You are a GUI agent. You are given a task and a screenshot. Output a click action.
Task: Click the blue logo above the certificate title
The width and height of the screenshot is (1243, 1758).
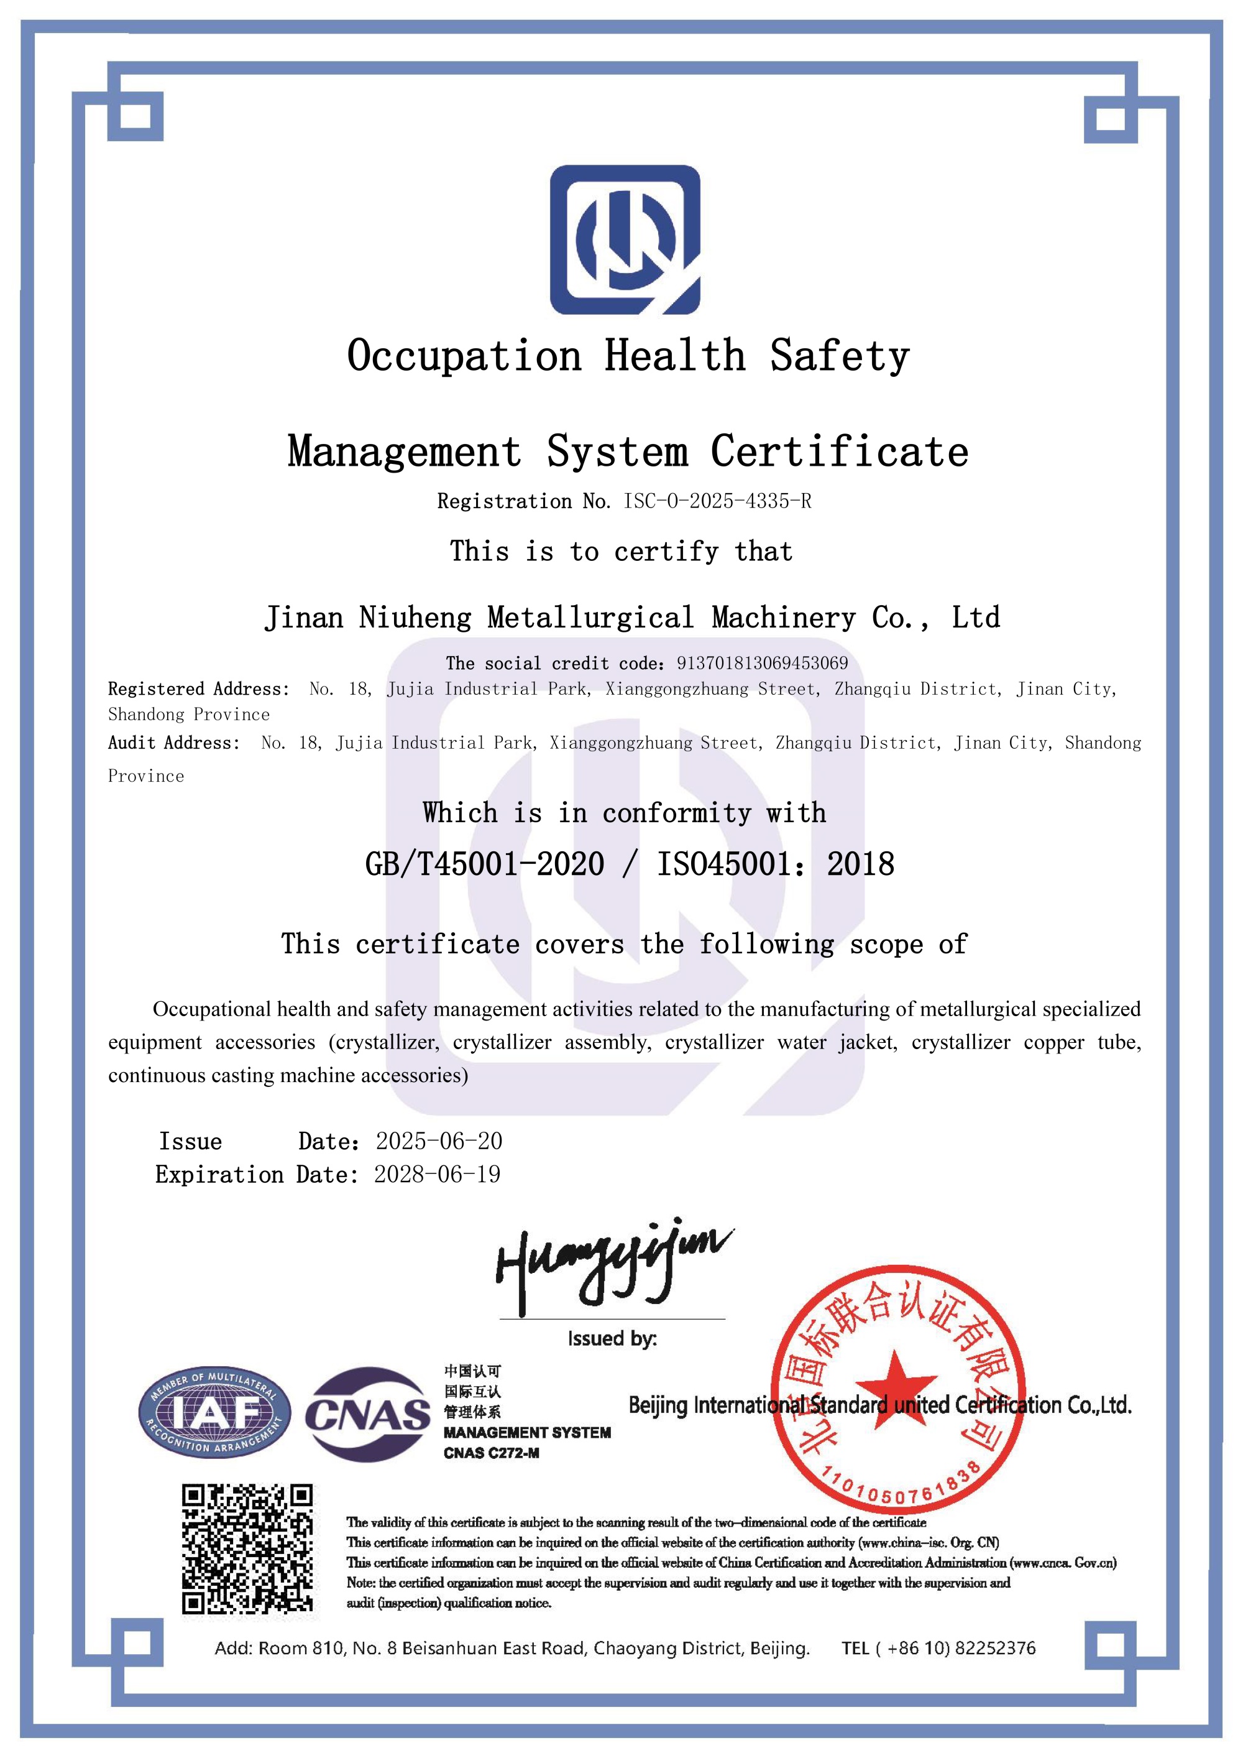point(625,239)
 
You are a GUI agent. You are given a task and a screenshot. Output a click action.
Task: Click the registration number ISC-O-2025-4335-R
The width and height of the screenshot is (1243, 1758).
point(717,501)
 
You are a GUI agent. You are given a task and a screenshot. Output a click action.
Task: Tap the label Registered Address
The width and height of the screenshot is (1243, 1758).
point(198,689)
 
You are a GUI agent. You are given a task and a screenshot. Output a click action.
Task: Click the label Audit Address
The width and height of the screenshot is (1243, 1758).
point(174,743)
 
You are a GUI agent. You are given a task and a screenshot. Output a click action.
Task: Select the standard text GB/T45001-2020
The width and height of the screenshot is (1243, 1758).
point(485,864)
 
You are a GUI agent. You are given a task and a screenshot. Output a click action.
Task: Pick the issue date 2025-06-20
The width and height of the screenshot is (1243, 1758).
point(439,1142)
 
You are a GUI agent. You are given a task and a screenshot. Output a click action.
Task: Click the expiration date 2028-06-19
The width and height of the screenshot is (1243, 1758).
point(437,1175)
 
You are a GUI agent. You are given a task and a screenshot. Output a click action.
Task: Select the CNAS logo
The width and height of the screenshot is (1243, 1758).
point(367,1415)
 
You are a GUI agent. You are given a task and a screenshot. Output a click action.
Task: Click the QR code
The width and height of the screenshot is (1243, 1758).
point(247,1549)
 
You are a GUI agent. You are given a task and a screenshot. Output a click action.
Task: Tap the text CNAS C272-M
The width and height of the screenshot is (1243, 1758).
point(492,1453)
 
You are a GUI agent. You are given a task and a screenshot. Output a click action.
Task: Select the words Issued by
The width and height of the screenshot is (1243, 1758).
point(612,1338)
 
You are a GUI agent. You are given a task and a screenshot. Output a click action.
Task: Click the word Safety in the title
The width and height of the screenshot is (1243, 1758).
point(840,356)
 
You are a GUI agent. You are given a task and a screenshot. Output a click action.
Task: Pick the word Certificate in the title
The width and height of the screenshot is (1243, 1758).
point(840,451)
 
